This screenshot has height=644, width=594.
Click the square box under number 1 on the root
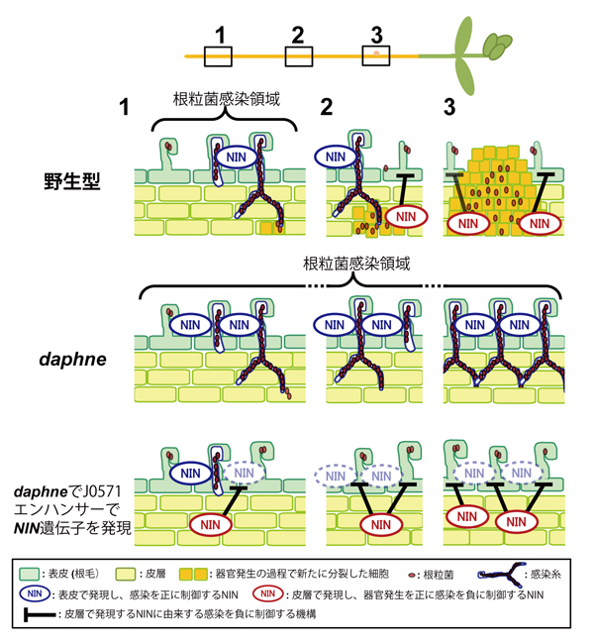[x=219, y=55]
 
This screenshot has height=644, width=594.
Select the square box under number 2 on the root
[x=298, y=55]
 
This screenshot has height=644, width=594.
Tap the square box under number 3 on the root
[x=376, y=55]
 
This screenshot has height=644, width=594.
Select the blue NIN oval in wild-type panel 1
[x=236, y=157]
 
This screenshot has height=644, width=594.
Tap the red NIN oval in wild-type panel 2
[x=405, y=216]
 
